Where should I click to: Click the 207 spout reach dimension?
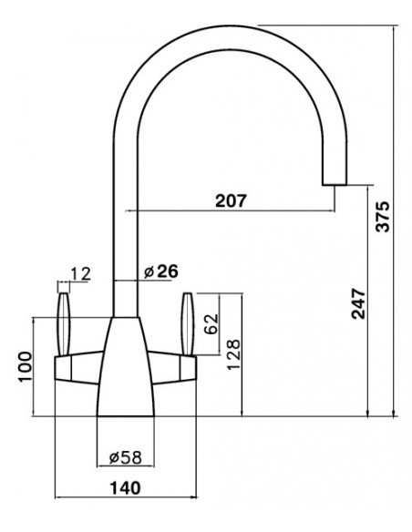[x=231, y=200]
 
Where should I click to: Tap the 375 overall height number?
[x=383, y=217]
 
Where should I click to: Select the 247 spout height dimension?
[x=358, y=303]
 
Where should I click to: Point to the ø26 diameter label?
[x=160, y=271]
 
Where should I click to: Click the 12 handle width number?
[x=81, y=274]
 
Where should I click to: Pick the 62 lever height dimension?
[x=211, y=324]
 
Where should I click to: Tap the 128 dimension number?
[x=233, y=354]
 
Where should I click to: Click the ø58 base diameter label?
[x=125, y=457]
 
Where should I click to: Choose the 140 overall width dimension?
[x=125, y=488]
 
